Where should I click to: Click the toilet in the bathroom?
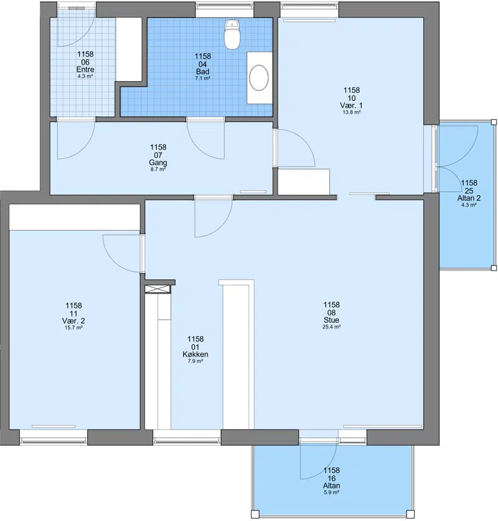(232, 34)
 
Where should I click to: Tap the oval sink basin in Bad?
(259, 78)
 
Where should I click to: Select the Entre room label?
(85, 69)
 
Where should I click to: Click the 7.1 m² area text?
(202, 79)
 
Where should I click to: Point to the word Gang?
(158, 163)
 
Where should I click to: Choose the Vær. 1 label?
(351, 106)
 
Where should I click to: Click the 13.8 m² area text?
(352, 112)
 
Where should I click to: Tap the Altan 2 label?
(469, 198)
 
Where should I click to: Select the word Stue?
(331, 320)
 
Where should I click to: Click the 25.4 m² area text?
(331, 327)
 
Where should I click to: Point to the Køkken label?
(195, 354)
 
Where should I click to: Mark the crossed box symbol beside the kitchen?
(157, 289)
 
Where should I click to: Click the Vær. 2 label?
(73, 321)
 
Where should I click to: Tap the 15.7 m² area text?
(73, 328)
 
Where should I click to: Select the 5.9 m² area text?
(331, 492)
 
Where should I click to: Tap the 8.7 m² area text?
(158, 169)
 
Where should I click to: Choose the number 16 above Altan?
(331, 478)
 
